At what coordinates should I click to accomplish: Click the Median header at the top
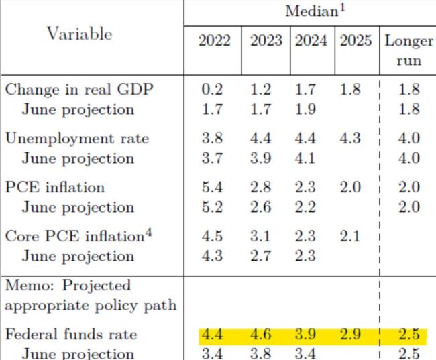(x=309, y=11)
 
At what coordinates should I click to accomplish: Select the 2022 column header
(x=214, y=41)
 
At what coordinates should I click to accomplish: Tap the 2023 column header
(x=266, y=41)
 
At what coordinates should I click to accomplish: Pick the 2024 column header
(x=311, y=41)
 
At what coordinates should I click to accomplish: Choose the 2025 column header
(x=356, y=41)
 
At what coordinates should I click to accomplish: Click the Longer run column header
(x=408, y=50)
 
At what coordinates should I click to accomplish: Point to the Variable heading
(x=78, y=34)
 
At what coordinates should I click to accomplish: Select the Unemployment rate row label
(x=77, y=139)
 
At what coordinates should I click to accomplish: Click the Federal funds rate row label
(x=71, y=335)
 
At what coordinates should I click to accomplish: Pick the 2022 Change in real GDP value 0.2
(x=214, y=90)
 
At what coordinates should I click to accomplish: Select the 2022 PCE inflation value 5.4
(x=214, y=188)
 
